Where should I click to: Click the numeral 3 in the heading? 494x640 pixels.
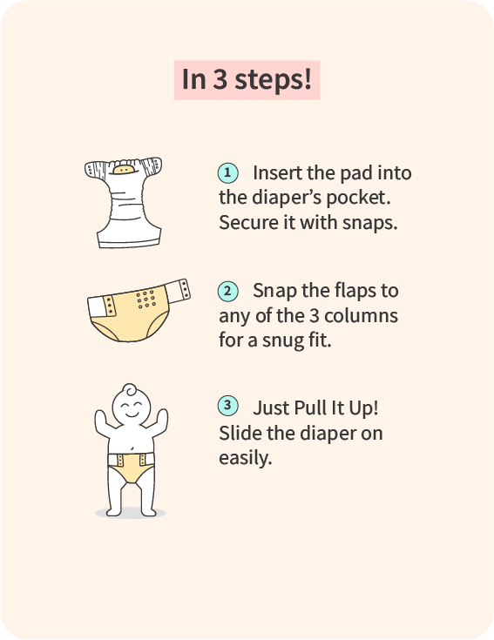[220, 79]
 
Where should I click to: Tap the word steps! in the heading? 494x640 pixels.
[273, 79]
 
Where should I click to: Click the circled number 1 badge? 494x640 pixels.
[227, 173]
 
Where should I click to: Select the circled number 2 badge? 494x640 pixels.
[227, 292]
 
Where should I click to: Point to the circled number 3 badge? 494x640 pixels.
[227, 406]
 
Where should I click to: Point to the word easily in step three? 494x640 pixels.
[245, 458]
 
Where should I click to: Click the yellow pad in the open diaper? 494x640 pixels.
[124, 169]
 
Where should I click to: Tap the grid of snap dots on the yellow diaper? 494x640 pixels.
[146, 299]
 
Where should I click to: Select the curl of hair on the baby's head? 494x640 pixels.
[131, 390]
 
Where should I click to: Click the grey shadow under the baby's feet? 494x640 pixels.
[130, 513]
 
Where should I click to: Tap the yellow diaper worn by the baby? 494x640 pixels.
[131, 468]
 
